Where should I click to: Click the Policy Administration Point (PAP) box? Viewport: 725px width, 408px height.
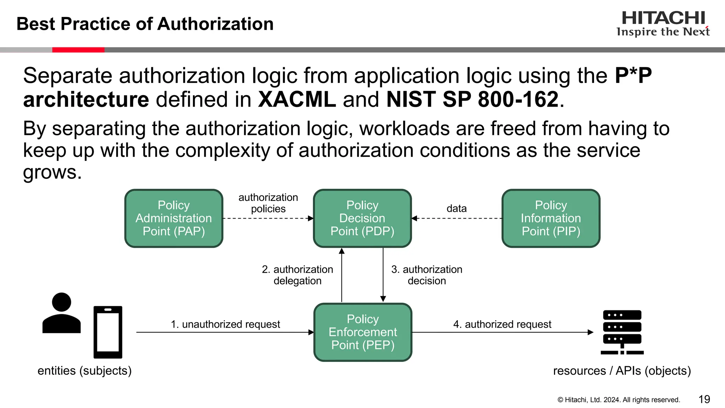point(173,218)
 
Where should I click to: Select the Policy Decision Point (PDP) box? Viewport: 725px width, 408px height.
point(362,218)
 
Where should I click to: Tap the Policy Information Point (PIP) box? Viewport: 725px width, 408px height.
point(551,218)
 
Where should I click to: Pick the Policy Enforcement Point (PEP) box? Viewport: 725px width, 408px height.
point(362,332)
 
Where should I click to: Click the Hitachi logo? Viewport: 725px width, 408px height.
point(663,23)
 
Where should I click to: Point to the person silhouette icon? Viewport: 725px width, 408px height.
point(62,313)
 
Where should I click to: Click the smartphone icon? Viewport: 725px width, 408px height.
point(108,332)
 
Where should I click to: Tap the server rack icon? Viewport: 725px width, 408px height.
point(622,332)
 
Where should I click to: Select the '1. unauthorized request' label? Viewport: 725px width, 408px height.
point(225,324)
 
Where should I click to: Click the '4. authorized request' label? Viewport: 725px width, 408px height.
point(502,324)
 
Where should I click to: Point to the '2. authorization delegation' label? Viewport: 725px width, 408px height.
point(297,275)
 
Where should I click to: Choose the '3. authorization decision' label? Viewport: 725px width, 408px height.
point(427,275)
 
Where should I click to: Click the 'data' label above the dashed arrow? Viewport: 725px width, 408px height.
point(456,208)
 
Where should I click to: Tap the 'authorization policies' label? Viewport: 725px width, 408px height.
point(268,203)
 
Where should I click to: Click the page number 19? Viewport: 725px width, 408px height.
point(704,399)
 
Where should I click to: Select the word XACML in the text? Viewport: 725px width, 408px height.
point(297,99)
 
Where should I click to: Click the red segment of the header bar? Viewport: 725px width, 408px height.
point(78,50)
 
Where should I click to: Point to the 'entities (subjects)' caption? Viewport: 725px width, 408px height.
point(85,370)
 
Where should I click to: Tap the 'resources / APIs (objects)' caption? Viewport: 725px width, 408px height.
point(622,370)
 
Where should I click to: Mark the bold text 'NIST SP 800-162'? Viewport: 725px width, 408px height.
point(472,99)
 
